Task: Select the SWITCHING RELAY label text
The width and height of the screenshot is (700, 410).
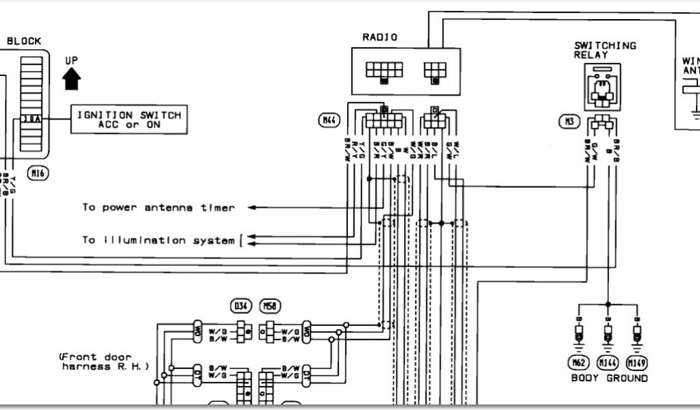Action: point(604,50)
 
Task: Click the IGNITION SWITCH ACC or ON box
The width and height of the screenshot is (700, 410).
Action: point(129,120)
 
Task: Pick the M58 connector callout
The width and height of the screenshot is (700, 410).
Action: point(272,305)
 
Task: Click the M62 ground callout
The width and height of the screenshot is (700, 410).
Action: point(577,361)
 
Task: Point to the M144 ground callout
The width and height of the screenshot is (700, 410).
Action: point(608,361)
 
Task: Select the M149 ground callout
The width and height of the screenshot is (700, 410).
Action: point(638,361)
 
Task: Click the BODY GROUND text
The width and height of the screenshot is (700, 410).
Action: point(608,378)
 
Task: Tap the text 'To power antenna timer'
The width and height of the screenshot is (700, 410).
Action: point(159,207)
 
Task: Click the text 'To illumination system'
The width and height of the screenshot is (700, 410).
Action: point(159,240)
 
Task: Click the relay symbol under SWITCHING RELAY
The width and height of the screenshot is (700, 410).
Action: point(602,87)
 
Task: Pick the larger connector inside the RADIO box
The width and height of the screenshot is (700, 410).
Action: point(383,70)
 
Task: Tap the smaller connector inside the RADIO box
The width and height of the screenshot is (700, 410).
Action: point(435,70)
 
